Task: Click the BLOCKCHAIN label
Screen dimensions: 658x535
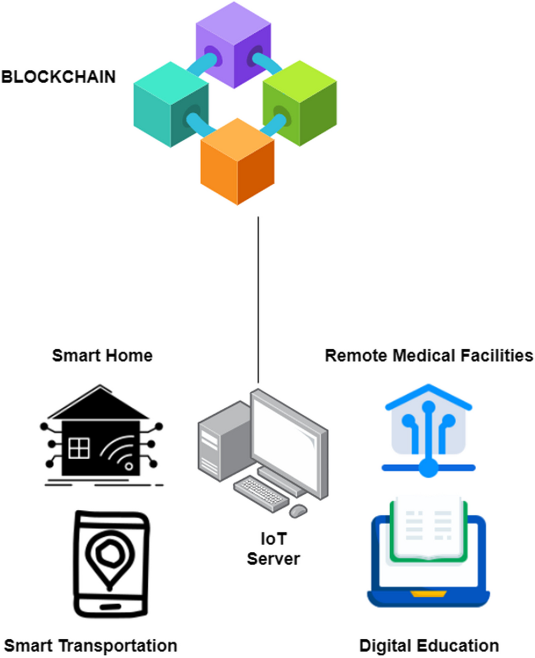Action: click(x=58, y=77)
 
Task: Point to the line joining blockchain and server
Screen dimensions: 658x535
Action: click(x=258, y=299)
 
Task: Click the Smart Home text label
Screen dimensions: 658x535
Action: click(x=102, y=356)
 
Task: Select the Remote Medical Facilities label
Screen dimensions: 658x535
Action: click(x=429, y=356)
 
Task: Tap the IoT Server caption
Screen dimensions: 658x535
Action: click(x=273, y=549)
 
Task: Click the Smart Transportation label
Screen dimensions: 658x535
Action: click(x=90, y=646)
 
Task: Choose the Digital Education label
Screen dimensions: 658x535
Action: click(x=429, y=646)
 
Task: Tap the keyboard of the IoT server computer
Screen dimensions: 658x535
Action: click(x=261, y=493)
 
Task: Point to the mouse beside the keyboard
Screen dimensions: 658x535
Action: click(x=298, y=510)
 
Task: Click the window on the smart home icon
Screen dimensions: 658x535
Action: click(x=78, y=448)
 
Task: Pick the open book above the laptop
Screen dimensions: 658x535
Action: click(x=428, y=528)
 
